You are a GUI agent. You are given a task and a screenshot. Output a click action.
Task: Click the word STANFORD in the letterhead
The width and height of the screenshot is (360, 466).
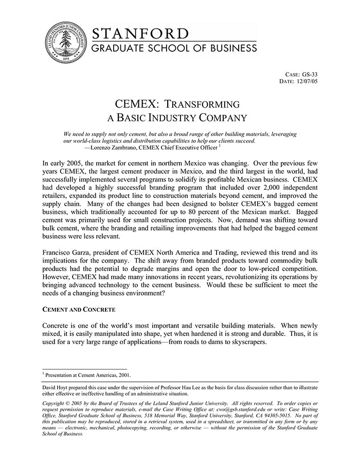point(140,34)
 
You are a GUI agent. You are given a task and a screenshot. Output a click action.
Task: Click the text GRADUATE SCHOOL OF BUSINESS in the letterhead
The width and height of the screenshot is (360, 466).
point(174,48)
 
